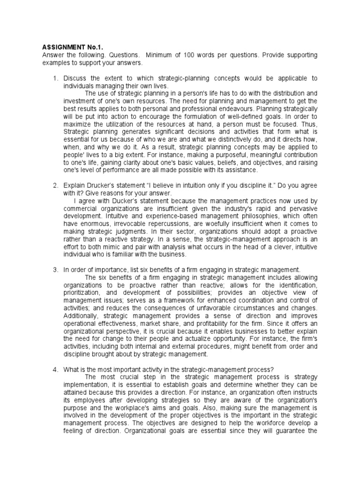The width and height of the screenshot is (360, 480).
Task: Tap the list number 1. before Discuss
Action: (55, 78)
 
